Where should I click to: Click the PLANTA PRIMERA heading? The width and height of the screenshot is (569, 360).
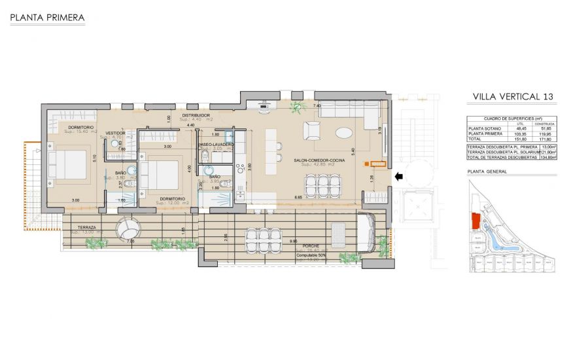click(48, 18)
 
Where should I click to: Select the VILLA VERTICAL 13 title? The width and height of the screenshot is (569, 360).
click(513, 97)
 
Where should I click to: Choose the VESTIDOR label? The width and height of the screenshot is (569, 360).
click(116, 132)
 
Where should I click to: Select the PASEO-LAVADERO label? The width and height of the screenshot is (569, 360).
click(216, 143)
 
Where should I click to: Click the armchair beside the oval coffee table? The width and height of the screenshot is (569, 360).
click(313, 130)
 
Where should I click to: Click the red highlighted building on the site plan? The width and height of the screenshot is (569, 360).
click(476, 221)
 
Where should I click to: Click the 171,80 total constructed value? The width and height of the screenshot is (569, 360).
click(544, 139)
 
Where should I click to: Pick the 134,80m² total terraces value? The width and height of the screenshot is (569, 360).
click(545, 158)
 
